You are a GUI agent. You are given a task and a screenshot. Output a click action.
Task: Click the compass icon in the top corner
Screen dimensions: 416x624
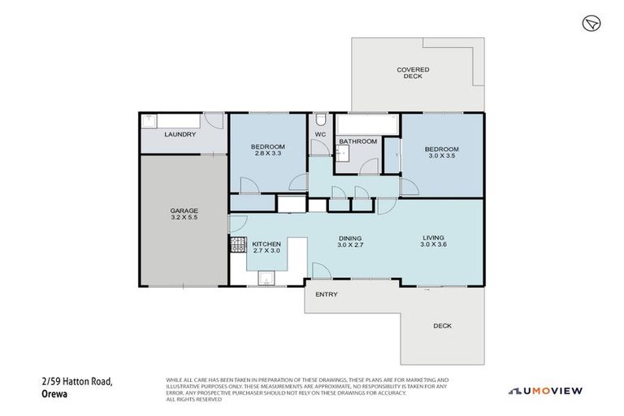click(591, 23)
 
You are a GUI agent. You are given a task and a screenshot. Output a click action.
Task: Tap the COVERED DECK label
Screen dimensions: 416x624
click(413, 73)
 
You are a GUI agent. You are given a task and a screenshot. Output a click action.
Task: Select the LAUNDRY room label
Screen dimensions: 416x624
click(180, 134)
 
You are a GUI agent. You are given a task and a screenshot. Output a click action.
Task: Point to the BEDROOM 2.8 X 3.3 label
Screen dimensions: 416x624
click(267, 149)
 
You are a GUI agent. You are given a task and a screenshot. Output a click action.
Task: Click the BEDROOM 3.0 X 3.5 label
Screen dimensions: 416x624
click(442, 153)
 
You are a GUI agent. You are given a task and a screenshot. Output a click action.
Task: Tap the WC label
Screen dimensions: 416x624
click(320, 134)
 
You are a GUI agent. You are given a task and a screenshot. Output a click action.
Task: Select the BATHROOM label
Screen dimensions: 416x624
click(357, 141)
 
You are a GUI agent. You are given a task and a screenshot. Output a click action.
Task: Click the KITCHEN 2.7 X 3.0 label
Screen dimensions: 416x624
click(266, 248)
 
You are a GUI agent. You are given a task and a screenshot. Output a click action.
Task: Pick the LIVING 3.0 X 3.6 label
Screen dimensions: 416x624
click(435, 240)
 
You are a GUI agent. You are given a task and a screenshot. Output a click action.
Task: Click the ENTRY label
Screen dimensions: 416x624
click(326, 294)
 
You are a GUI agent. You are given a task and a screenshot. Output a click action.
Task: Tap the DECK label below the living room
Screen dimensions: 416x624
click(442, 326)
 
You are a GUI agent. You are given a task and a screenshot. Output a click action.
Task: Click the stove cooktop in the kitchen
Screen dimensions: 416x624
click(239, 244)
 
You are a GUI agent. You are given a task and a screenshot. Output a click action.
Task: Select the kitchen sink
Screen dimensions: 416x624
click(267, 278)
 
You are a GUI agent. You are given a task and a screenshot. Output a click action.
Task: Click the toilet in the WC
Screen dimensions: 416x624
click(320, 119)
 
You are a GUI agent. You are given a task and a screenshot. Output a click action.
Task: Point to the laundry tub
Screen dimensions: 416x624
click(149, 121)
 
